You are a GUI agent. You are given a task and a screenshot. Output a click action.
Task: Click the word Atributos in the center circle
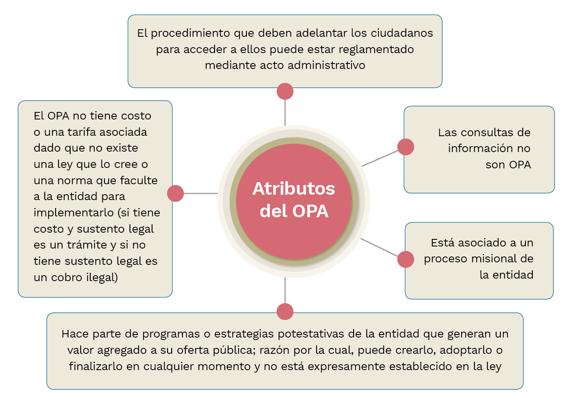pyautogui.click(x=294, y=189)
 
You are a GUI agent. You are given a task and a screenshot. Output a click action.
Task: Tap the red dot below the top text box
pyautogui.click(x=285, y=91)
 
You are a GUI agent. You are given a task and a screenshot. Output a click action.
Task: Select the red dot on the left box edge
pyautogui.click(x=175, y=193)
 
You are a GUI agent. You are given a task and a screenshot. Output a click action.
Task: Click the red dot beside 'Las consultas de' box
pyautogui.click(x=405, y=147)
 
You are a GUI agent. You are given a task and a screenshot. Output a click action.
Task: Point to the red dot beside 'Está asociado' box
pyautogui.click(x=405, y=259)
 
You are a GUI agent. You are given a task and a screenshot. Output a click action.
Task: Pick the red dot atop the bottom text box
pyautogui.click(x=285, y=311)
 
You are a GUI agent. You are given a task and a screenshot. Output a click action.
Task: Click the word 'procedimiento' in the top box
pyautogui.click(x=190, y=33)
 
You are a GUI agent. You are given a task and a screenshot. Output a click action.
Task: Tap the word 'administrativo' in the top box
pyautogui.click(x=327, y=65)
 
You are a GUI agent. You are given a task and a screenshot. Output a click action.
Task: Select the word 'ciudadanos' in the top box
pyautogui.click(x=402, y=33)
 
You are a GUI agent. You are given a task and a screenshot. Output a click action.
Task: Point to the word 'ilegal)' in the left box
pyautogui.click(x=102, y=277)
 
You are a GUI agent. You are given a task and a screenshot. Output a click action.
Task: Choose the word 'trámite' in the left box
pyautogui.click(x=87, y=245)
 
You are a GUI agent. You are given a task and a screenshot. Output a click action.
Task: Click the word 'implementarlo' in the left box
pyautogui.click(x=73, y=213)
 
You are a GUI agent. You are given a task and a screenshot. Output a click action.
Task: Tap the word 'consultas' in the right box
pyautogui.click(x=486, y=132)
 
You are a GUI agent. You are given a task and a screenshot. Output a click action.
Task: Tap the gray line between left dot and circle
pyautogui.click(x=201, y=193)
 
